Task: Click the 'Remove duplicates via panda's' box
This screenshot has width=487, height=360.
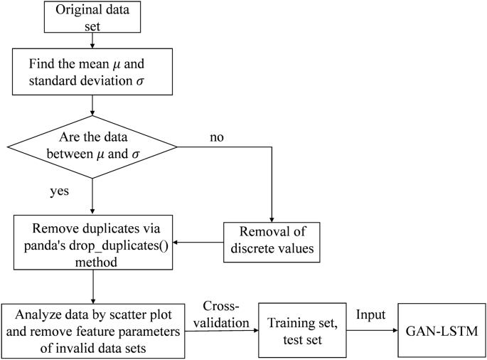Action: (x=93, y=243)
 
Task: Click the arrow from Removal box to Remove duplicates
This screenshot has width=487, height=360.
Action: (x=200, y=243)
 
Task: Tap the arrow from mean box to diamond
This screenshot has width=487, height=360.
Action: (x=93, y=104)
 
